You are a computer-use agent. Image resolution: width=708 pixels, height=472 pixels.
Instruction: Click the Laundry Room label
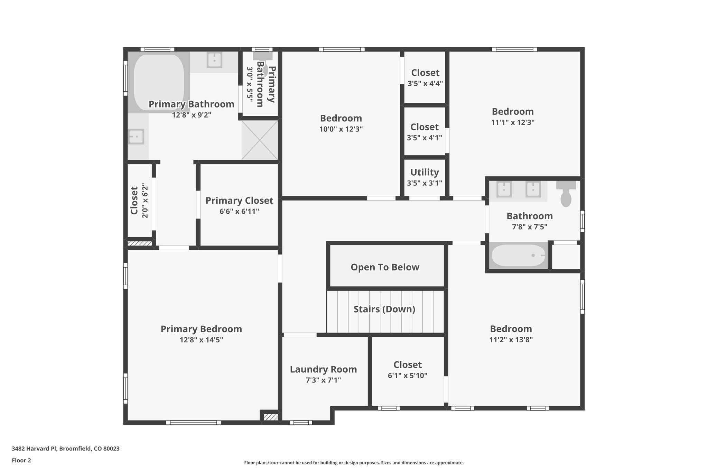pos(323,369)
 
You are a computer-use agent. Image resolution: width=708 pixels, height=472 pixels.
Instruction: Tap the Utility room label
pos(425,172)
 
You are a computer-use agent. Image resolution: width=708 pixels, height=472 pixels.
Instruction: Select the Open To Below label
pos(385,267)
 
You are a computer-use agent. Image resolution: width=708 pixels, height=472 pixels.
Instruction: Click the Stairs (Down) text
pos(384,309)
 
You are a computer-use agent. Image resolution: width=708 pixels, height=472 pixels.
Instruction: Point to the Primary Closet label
pos(239,201)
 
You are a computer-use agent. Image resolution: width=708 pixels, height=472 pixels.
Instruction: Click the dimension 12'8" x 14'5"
pos(201,340)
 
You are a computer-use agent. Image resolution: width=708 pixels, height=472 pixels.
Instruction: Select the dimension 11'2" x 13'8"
pos(511,340)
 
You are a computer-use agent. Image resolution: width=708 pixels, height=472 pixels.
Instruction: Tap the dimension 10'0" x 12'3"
pos(341,129)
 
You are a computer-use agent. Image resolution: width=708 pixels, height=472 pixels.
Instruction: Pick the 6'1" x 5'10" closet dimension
pos(408,376)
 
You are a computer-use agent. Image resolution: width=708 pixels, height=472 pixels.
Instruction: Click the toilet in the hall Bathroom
pos(566,195)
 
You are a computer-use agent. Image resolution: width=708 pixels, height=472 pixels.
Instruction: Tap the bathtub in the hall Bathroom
pos(518,256)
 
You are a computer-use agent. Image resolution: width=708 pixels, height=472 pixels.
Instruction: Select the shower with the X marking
pos(260,140)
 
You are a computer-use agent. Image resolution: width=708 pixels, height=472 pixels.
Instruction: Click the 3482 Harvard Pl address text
pos(66,449)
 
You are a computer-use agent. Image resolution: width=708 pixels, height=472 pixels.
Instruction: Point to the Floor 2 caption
pos(21,460)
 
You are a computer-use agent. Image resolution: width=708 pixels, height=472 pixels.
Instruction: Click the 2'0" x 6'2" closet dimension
pos(145,202)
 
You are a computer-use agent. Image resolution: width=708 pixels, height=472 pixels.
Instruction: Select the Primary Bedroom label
pos(201,329)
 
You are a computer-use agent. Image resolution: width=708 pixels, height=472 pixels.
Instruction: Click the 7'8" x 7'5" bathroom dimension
pos(530,227)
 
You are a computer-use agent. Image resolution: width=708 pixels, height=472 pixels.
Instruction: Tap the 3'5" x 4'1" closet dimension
pos(425,138)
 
